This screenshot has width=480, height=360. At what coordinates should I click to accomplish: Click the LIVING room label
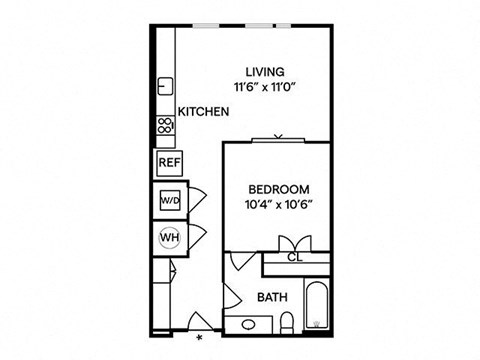pyautogui.click(x=267, y=72)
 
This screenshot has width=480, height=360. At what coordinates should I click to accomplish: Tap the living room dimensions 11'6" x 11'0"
pyautogui.click(x=267, y=87)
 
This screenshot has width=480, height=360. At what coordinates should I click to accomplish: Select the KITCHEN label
pyautogui.click(x=204, y=113)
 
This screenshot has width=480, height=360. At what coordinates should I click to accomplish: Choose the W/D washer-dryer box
pyautogui.click(x=167, y=200)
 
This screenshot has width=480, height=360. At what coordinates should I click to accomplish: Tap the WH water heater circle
pyautogui.click(x=167, y=238)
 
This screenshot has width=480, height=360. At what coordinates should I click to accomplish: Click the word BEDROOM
pyautogui.click(x=278, y=189)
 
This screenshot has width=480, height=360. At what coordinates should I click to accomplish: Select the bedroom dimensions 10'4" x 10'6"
pyautogui.click(x=278, y=204)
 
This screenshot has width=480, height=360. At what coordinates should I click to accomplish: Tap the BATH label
pyautogui.click(x=272, y=297)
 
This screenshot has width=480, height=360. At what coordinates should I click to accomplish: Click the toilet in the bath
pyautogui.click(x=286, y=320)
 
